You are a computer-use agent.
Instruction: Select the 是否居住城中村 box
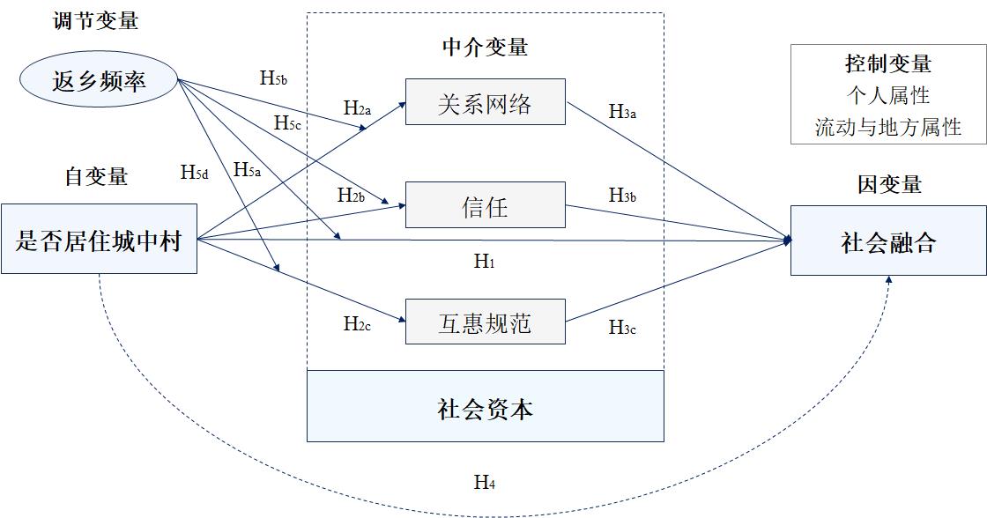pos(99,239)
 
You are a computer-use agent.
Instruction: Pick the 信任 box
pos(485,207)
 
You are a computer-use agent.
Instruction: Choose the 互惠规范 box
pos(485,322)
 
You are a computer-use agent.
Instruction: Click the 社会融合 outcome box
pos(887,241)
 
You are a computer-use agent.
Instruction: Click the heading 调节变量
pos(96,21)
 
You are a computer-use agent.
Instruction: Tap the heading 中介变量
pos(485,47)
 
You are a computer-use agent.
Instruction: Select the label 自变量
pos(96,176)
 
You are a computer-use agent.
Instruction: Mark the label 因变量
pos(888,184)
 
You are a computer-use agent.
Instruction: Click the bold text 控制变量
pos(887,64)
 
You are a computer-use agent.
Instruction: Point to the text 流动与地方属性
pos(887,128)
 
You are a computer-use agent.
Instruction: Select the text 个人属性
pos(887,95)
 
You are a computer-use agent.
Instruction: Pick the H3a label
pos(622,111)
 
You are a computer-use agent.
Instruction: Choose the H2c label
pos(357,323)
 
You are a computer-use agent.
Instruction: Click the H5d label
pos(195,172)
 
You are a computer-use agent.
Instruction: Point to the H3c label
pos(622,328)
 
